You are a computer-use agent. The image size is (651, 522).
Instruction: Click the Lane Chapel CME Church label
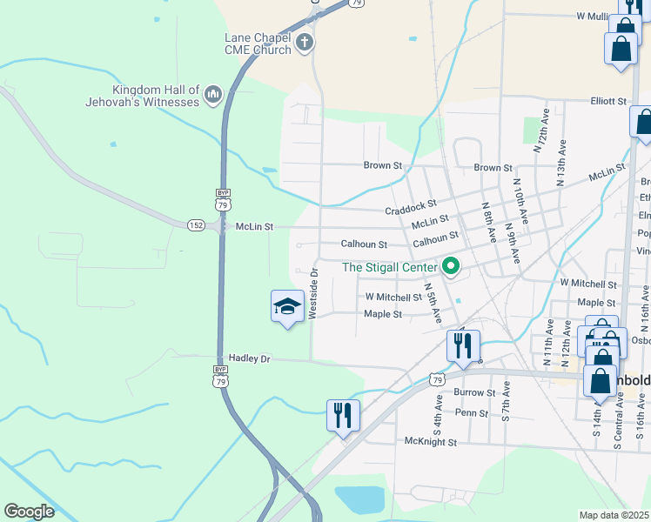click(x=258, y=43)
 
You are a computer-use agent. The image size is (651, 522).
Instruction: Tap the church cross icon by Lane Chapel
click(x=304, y=43)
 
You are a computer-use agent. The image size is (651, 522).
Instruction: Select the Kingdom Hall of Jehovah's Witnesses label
click(x=157, y=96)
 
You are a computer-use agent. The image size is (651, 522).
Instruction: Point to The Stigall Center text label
click(x=388, y=267)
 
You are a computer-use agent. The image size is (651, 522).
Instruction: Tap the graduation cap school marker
click(x=288, y=307)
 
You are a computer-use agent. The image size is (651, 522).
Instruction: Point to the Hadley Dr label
click(x=250, y=358)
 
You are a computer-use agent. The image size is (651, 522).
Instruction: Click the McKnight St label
click(x=431, y=442)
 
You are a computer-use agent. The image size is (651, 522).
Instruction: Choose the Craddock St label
click(x=411, y=209)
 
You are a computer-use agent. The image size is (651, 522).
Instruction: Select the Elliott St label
click(x=608, y=101)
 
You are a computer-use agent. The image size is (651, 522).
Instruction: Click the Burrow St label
click(x=475, y=392)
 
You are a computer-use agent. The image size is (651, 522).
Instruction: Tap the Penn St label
click(x=472, y=413)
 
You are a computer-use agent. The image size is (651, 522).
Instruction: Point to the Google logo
click(x=30, y=512)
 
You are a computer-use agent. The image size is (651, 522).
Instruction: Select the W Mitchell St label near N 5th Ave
click(x=393, y=298)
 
